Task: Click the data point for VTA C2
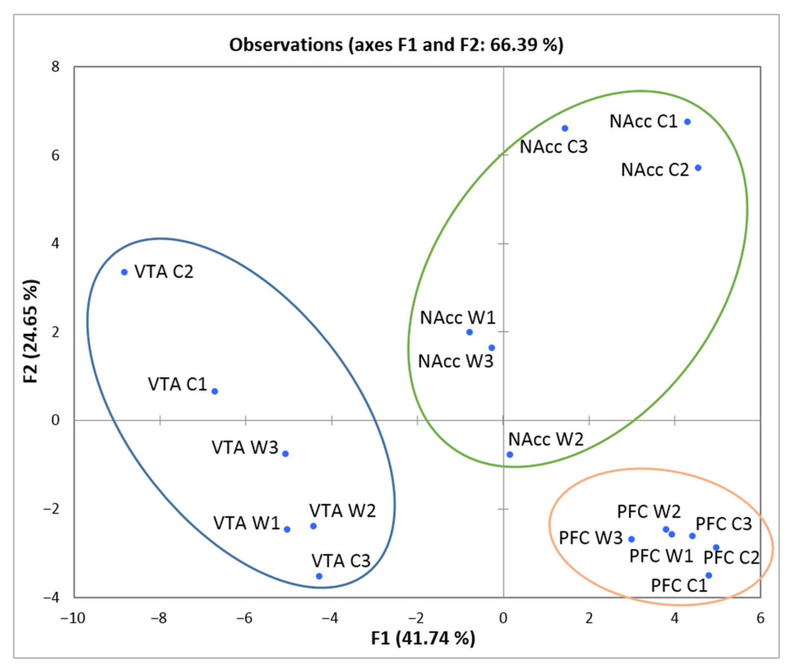[124, 272]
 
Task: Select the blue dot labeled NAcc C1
[687, 122]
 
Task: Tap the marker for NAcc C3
[565, 128]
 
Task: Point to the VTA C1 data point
[215, 391]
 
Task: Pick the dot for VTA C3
[319, 576]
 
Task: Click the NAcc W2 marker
[510, 454]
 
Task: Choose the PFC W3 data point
[631, 539]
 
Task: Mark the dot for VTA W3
[285, 454]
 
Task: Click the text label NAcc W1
[458, 318]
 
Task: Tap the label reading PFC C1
[679, 585]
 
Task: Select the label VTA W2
[342, 511]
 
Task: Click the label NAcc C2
[655, 170]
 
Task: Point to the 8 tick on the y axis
[56, 67]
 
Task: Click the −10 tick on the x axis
[73, 618]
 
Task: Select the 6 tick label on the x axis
[760, 618]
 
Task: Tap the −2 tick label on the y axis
[51, 509]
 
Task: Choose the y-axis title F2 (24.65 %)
[31, 331]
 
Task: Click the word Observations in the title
[285, 45]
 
